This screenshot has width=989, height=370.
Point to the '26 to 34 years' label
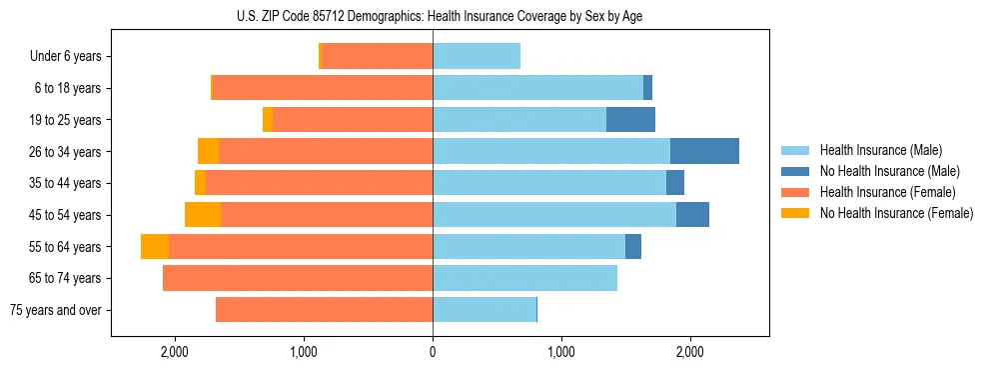(x=63, y=152)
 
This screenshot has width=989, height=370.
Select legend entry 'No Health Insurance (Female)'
(x=896, y=213)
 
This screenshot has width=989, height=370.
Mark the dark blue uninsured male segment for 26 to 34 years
(x=704, y=151)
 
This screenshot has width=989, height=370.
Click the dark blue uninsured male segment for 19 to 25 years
(x=630, y=120)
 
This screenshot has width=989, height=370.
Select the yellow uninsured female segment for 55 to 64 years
(x=155, y=247)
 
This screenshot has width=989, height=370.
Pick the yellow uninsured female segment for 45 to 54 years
(x=203, y=215)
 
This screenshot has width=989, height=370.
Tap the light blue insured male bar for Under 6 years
(x=477, y=57)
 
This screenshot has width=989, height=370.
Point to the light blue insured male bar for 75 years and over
(x=485, y=310)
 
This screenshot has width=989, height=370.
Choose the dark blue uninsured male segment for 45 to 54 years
(x=692, y=215)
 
